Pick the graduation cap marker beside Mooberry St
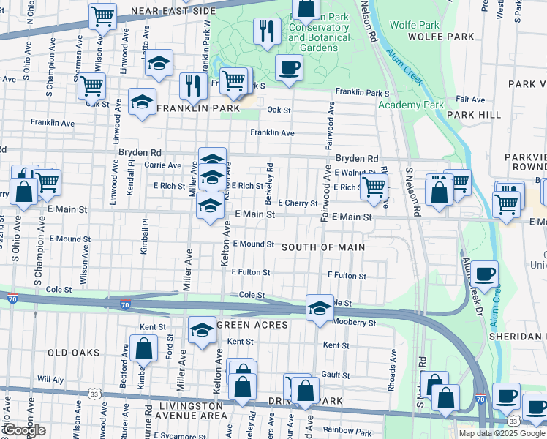tap(319, 308)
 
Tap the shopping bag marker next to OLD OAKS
tap(143, 348)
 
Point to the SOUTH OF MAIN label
tap(323, 247)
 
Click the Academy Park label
tap(410, 105)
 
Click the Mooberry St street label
tap(354, 322)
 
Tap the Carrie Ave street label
tap(164, 165)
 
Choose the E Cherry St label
tap(298, 203)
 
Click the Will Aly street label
tap(50, 380)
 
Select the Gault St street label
tap(336, 374)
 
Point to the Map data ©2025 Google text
tap(502, 433)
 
